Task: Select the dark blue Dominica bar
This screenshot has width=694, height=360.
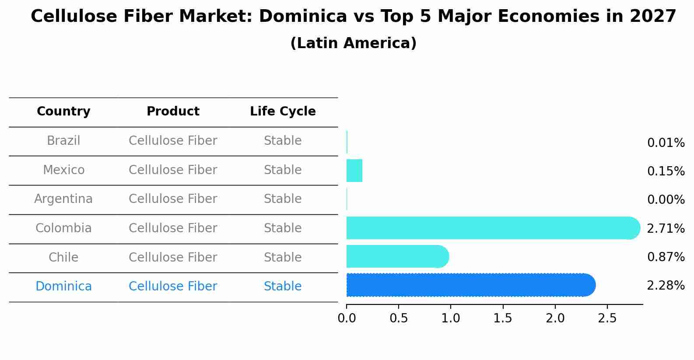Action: (470, 285)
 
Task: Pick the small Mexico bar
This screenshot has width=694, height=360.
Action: (354, 171)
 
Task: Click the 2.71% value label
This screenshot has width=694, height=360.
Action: (666, 228)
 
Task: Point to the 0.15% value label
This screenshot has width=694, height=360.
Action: (666, 171)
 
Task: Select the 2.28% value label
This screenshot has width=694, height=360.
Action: (666, 286)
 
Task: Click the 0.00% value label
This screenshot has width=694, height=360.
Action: (666, 200)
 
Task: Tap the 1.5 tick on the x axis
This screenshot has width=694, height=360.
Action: (503, 318)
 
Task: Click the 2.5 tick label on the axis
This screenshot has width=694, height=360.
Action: (607, 318)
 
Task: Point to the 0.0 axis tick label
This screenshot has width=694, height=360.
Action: (347, 318)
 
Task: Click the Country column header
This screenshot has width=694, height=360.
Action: (63, 112)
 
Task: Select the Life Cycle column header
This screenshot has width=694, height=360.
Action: (283, 112)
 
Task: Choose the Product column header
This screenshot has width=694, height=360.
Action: (173, 112)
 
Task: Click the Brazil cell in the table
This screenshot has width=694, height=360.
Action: (63, 141)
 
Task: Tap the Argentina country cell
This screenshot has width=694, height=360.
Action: (63, 199)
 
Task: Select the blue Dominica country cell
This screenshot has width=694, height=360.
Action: (63, 287)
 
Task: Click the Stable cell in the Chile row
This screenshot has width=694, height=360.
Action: (283, 257)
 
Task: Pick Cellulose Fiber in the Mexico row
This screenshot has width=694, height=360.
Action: (173, 170)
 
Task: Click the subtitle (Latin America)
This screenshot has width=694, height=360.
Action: (353, 43)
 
